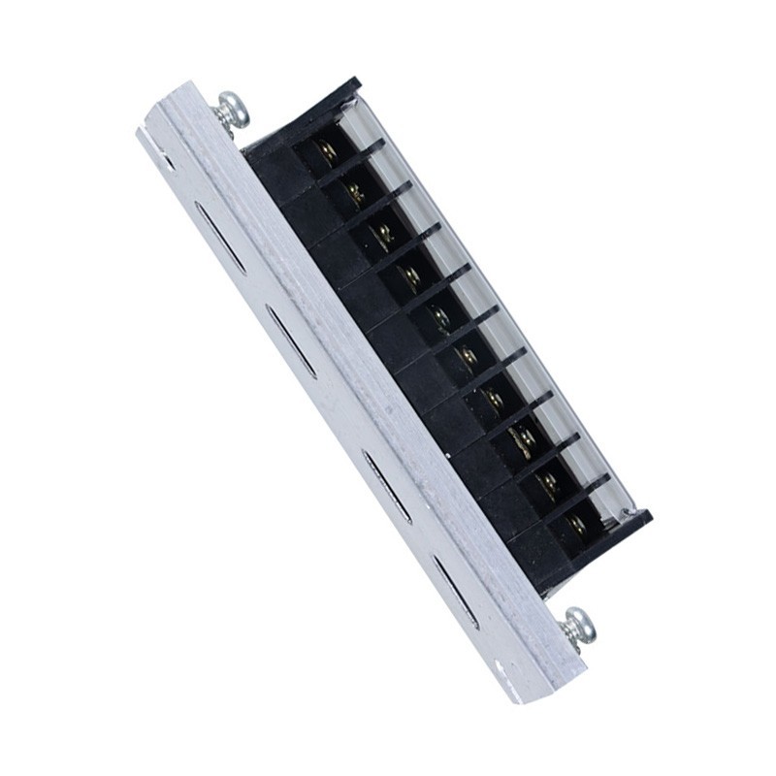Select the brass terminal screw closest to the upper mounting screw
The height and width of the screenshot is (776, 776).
point(326,150)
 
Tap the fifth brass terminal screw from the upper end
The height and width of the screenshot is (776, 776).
point(439,317)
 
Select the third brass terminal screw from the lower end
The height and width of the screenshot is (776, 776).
point(524,442)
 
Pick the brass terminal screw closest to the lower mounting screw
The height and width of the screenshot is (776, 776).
point(578,525)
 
